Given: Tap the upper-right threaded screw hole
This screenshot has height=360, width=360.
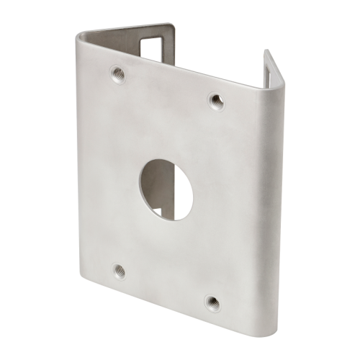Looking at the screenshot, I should pyautogui.click(x=213, y=98).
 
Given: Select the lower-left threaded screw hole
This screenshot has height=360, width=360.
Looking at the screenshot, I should pyautogui.click(x=119, y=271).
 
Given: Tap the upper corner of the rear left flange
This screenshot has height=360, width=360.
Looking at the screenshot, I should pyautogui.click(x=175, y=26).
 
